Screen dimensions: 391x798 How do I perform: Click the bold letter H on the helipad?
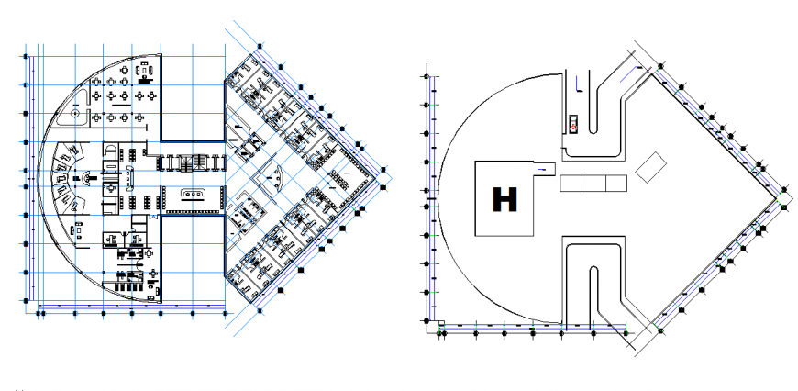coord(504,199)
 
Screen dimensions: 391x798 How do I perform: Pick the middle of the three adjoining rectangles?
coord(593,183)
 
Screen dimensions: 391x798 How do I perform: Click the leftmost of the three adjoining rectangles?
coord(571,183)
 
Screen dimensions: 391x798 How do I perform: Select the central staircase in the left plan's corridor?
coord(194,163)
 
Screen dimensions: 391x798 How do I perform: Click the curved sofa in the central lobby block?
coord(194,193)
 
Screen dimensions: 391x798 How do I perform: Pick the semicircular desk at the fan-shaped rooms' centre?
coord(87,176)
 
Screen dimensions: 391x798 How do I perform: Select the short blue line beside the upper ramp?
coord(576,84)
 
